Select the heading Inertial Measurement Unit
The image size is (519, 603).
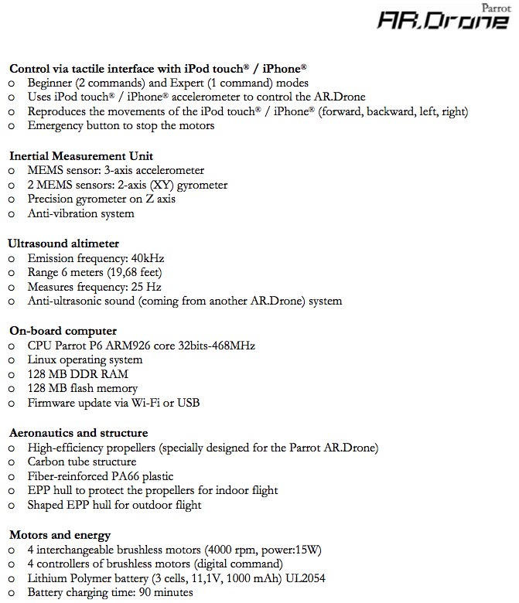pyautogui.click(x=81, y=155)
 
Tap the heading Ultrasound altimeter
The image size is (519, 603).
pyautogui.click(x=63, y=243)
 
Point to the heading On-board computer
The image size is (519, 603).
pyautogui.click(x=63, y=330)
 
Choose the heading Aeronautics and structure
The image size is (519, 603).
pyautogui.click(x=79, y=432)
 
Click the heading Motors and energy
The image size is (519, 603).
pyautogui.click(x=60, y=534)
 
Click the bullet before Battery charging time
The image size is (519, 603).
pyautogui.click(x=12, y=593)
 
